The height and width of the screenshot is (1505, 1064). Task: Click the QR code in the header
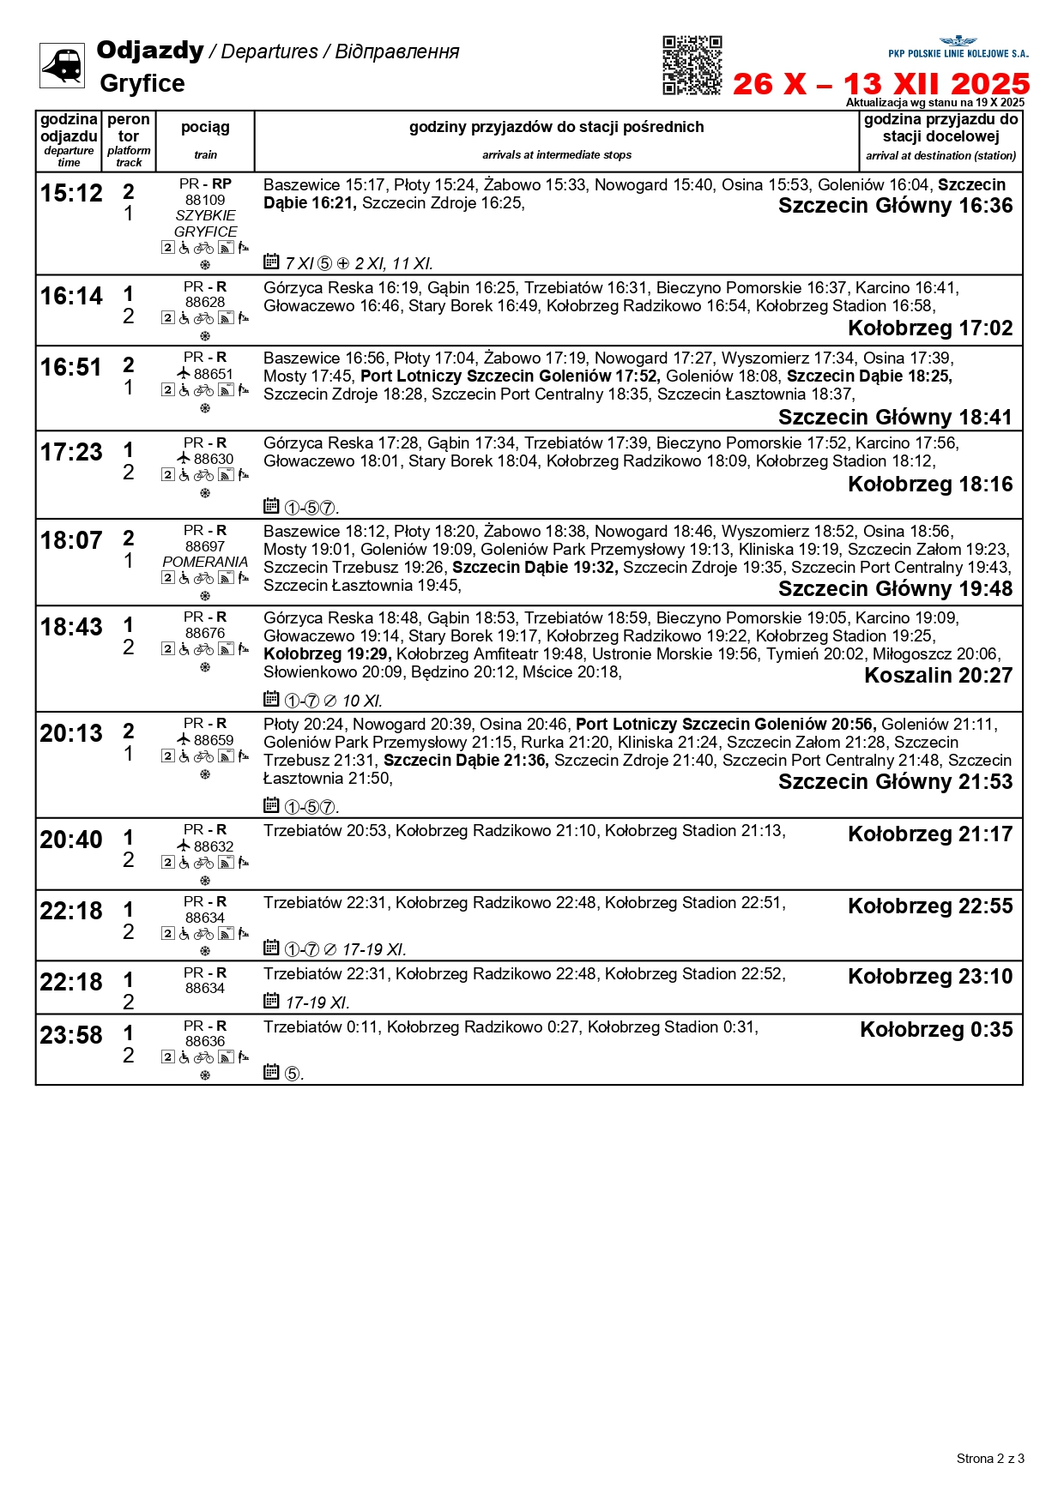[x=692, y=65]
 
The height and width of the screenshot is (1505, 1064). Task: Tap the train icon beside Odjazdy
[x=62, y=65]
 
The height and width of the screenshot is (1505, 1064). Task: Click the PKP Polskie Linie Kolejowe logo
[x=958, y=47]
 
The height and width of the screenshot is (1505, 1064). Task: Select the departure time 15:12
[x=71, y=194]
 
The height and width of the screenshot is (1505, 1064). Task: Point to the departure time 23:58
[x=71, y=1036]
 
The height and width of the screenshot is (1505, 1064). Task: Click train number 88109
[x=205, y=200]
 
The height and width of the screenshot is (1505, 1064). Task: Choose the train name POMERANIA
[x=205, y=562]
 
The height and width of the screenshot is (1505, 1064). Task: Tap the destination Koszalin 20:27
[x=938, y=676]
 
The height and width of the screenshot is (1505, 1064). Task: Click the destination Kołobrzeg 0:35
[x=936, y=1030]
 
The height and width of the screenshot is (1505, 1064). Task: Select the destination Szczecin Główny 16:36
[x=895, y=206]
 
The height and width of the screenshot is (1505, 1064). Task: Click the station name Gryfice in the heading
[x=142, y=83]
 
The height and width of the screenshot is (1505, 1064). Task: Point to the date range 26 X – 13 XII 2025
[x=880, y=84]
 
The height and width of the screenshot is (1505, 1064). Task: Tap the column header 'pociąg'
[x=205, y=127]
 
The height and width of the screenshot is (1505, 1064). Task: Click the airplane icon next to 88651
[x=184, y=373]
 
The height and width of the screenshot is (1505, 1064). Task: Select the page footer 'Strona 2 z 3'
[x=990, y=1459]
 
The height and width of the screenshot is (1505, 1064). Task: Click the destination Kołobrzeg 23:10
[x=930, y=977]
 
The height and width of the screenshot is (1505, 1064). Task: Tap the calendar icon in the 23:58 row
[x=271, y=1071]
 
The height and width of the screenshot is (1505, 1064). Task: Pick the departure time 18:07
[x=71, y=541]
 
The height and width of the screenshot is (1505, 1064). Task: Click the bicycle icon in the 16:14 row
[x=203, y=318]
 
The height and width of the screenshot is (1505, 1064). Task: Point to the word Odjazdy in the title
[x=150, y=51]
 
